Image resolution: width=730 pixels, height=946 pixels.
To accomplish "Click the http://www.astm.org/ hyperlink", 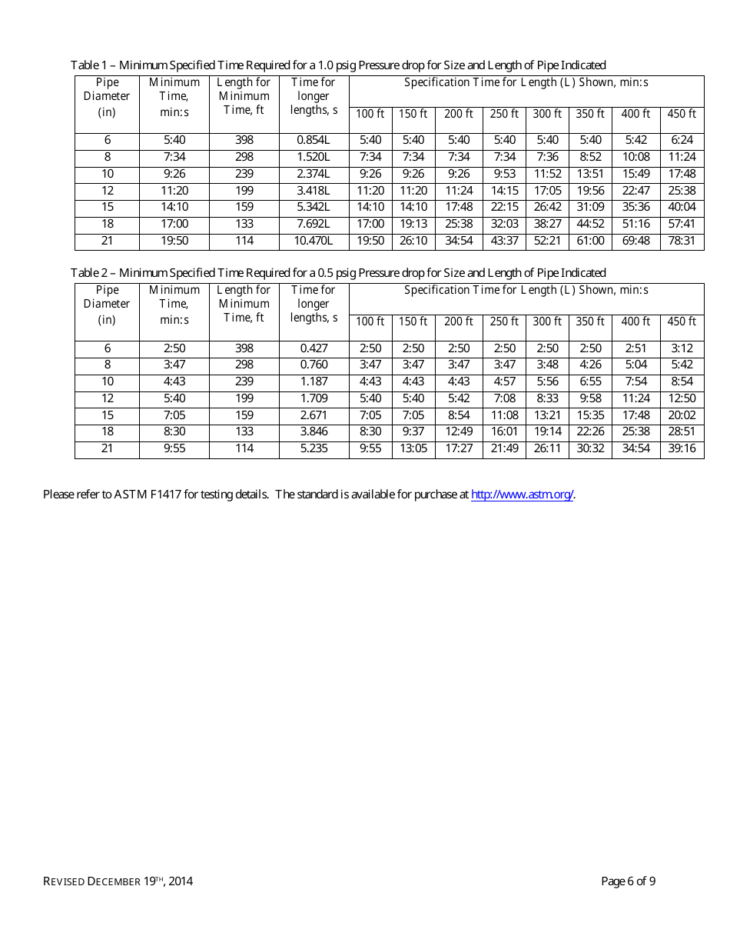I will click(x=522, y=495).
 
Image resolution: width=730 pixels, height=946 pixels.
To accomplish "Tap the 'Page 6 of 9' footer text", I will click(x=628, y=881).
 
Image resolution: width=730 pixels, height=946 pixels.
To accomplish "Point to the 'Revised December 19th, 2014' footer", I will click(x=118, y=881).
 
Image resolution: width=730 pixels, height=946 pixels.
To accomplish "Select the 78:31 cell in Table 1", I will click(x=682, y=241).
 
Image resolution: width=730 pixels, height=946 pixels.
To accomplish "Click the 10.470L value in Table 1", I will click(x=314, y=241).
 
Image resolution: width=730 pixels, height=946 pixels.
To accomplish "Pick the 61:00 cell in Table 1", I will click(x=590, y=241).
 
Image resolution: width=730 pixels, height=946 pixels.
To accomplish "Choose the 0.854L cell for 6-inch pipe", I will click(x=314, y=140).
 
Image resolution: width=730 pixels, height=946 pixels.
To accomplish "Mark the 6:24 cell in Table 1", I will click(x=682, y=140).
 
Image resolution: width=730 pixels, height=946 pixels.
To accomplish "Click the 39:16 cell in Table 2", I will click(x=682, y=448).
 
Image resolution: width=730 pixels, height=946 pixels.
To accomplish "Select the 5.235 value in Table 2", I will click(x=314, y=448).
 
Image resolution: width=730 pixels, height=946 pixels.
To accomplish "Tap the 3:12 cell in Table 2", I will click(x=682, y=348).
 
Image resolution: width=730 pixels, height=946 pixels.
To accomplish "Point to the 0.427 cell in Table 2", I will click(x=314, y=348).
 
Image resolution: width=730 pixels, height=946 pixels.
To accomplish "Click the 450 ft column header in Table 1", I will click(x=682, y=114).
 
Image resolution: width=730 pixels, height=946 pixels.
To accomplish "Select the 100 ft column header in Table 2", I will click(x=370, y=321).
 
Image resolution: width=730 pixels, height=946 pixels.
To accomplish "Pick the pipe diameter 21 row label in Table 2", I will click(x=108, y=448).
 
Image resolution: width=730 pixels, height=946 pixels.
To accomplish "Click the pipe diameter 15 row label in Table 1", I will click(x=108, y=207).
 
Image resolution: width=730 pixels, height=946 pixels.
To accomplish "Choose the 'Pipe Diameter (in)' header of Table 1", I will click(x=108, y=97).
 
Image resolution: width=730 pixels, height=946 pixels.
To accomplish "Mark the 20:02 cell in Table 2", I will click(x=682, y=415).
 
